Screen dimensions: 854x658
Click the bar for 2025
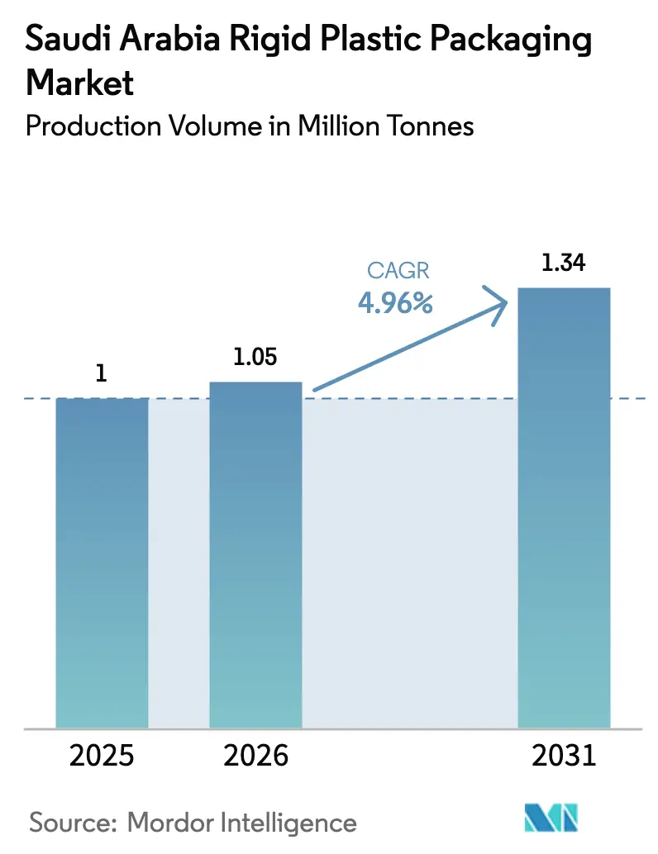coord(102,562)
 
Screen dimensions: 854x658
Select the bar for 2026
coord(255,553)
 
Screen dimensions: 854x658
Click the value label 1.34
coord(564,263)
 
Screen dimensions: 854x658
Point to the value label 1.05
coord(255,358)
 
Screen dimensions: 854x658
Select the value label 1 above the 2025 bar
coord(102,373)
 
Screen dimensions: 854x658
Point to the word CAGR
coord(395,272)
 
